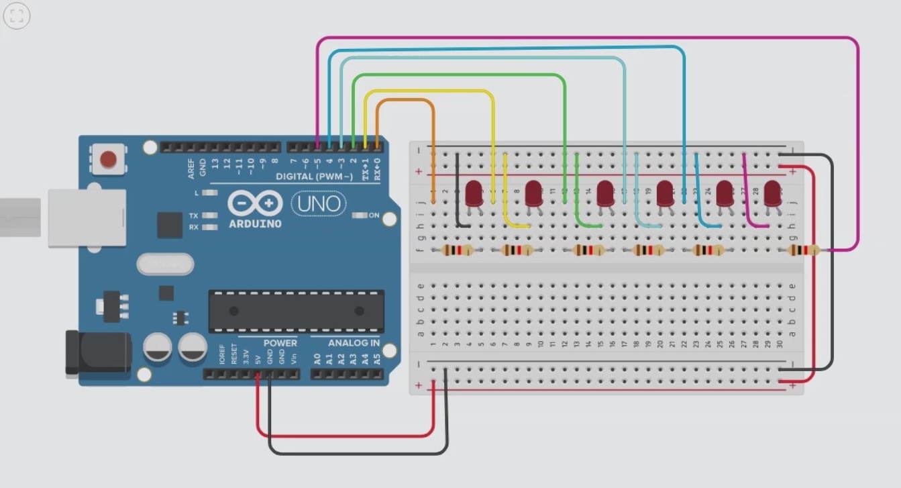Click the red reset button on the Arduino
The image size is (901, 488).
tap(108, 160)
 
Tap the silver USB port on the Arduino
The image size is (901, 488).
tap(87, 217)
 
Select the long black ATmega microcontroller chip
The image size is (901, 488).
tap(296, 311)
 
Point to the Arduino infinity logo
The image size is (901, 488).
tap(254, 203)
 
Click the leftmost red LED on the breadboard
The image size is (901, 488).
tap(474, 193)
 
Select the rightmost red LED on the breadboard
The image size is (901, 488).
tap(772, 193)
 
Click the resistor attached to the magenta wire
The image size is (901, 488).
tap(803, 250)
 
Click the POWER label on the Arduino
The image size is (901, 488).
tap(280, 343)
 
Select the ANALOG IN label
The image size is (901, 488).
tap(354, 343)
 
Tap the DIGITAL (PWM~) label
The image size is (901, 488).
tap(314, 177)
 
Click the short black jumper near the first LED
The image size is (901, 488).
tap(458, 191)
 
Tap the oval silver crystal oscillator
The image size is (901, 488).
tap(165, 264)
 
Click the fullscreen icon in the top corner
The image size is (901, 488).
tap(17, 16)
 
